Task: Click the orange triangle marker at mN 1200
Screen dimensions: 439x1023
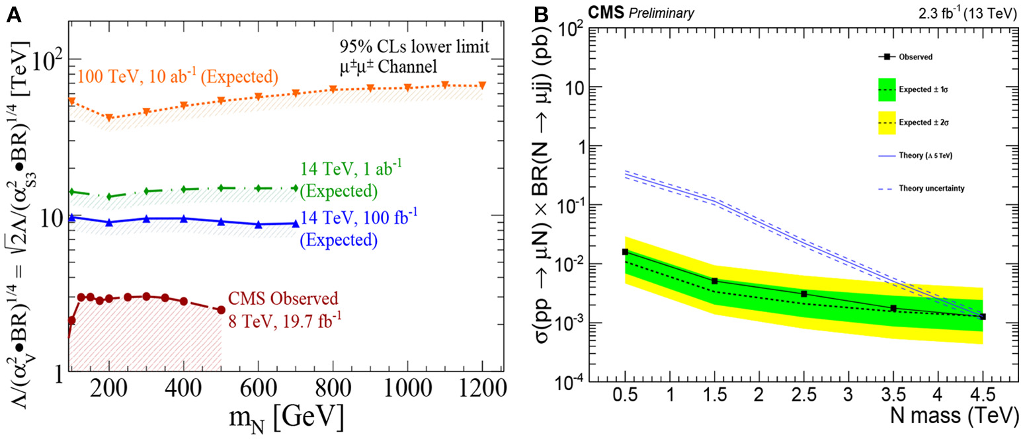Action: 482,85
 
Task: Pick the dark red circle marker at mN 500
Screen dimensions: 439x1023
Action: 222,309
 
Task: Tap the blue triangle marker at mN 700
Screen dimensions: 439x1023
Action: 296,223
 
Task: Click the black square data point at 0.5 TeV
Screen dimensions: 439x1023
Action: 625,252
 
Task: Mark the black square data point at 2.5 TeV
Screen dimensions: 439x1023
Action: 804,294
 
